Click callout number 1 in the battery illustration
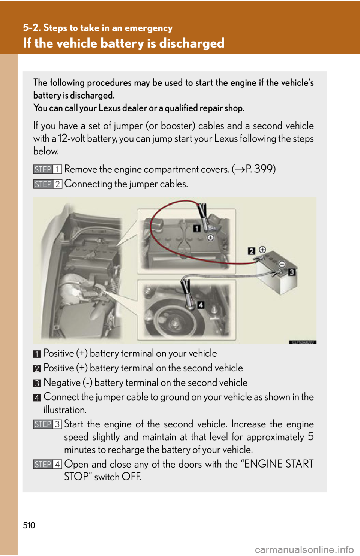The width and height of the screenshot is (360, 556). tap(197, 228)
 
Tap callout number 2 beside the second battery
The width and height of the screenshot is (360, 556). tap(252, 251)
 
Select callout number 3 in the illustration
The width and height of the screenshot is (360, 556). tap(292, 272)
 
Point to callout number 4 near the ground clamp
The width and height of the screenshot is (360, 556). tap(201, 305)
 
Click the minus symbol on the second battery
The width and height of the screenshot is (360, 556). tap(282, 264)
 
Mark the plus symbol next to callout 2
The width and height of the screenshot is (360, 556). tap(262, 250)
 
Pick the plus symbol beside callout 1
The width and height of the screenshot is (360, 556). tap(211, 238)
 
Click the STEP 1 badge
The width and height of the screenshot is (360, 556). tap(47, 169)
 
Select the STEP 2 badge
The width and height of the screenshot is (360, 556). tap(47, 184)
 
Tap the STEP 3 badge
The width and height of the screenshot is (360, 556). tap(47, 424)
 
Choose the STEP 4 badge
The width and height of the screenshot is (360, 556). tap(47, 464)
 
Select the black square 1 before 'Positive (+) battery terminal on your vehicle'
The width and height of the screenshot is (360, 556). tap(37, 354)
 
